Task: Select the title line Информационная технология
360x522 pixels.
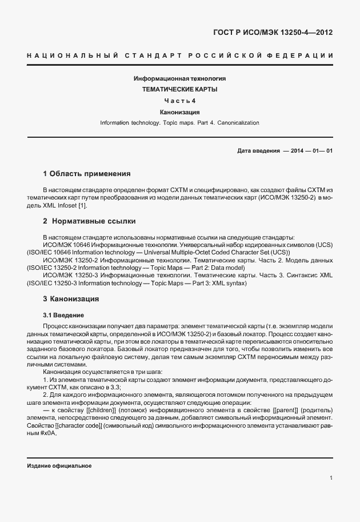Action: click(x=179, y=78)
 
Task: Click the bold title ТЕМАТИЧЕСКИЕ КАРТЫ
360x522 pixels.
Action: click(x=179, y=89)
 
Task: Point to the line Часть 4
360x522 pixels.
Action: click(x=179, y=101)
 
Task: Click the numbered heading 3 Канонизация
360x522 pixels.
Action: click(x=71, y=298)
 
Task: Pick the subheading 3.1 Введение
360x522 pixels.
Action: click(x=63, y=315)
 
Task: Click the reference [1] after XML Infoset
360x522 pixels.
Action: click(x=82, y=205)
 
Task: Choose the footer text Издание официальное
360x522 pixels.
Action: click(x=59, y=466)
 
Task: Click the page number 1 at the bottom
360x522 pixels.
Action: click(x=331, y=478)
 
